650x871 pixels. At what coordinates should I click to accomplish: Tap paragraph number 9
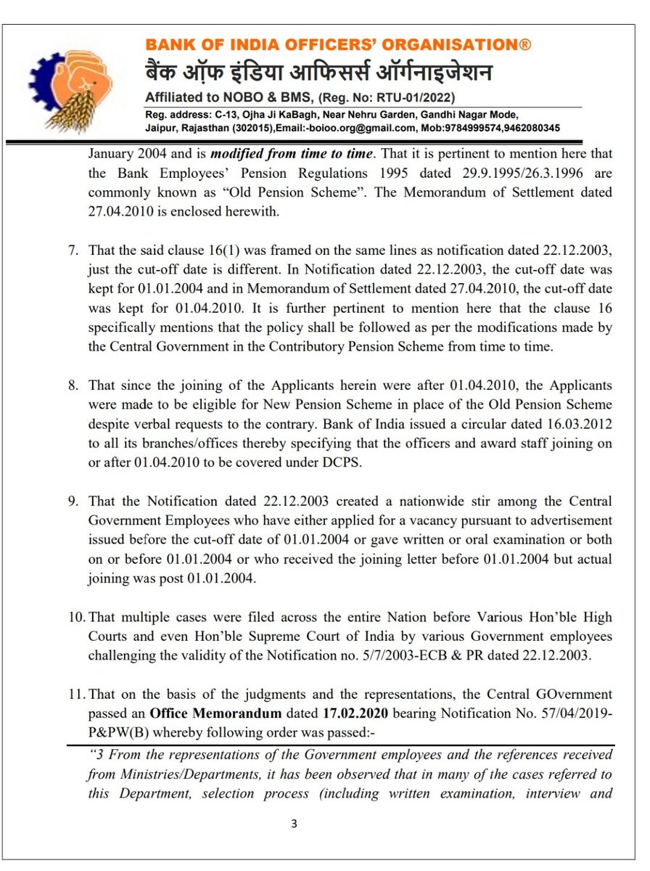tap(73, 502)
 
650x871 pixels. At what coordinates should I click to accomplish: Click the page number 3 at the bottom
tap(294, 823)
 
